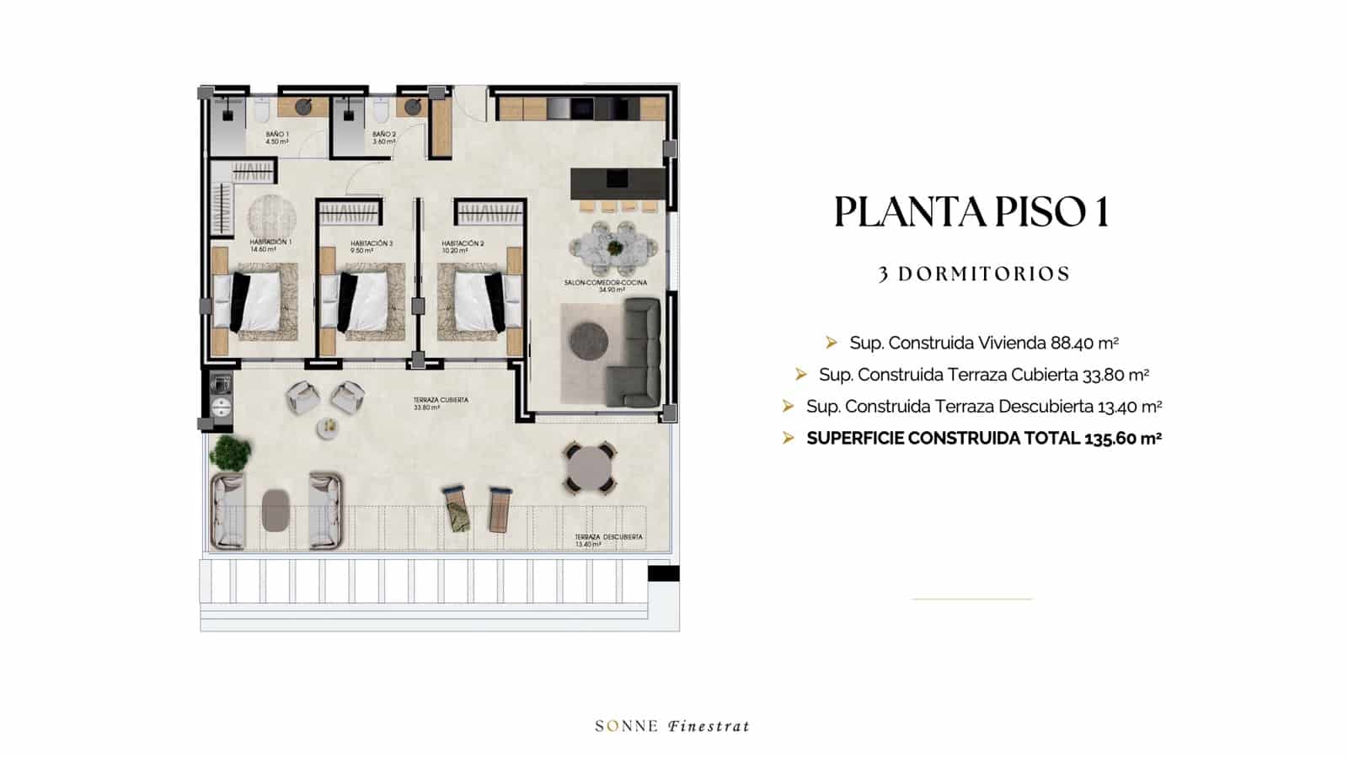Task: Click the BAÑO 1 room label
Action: pyautogui.click(x=277, y=138)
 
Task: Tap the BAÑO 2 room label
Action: pyautogui.click(x=384, y=138)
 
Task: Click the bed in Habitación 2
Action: pyautogui.click(x=476, y=301)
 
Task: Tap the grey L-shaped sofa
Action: pyautogui.click(x=640, y=354)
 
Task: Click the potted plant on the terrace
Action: pyautogui.click(x=230, y=453)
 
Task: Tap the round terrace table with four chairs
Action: pyautogui.click(x=590, y=467)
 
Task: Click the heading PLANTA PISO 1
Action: pyautogui.click(x=971, y=212)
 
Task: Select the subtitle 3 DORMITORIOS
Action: pyautogui.click(x=974, y=275)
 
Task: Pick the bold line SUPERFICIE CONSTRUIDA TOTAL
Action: pyautogui.click(x=984, y=438)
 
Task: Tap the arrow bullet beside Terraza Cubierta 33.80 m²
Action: pyautogui.click(x=801, y=374)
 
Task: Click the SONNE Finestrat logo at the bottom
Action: pyautogui.click(x=672, y=726)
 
